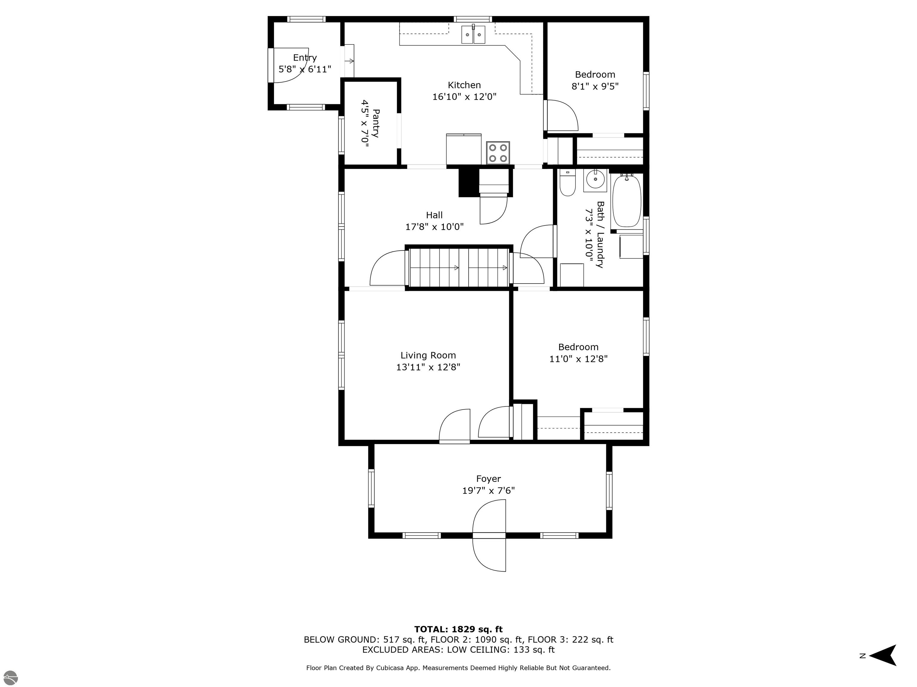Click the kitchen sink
click(473, 34)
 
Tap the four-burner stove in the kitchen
click(498, 153)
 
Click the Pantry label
click(376, 123)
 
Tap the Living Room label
click(428, 355)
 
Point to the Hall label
click(434, 215)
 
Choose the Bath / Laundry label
click(600, 234)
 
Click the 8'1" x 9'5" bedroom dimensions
click(595, 86)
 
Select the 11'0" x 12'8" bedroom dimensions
click(578, 359)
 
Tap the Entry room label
click(305, 58)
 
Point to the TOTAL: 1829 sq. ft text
click(458, 629)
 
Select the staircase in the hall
click(459, 267)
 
